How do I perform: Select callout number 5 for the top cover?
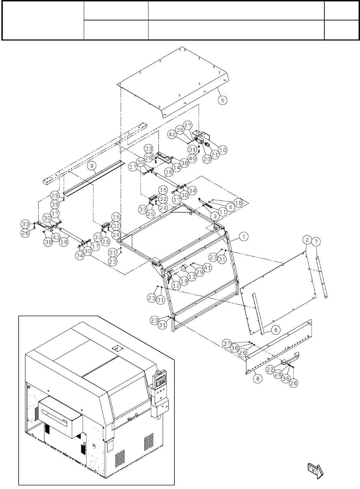point(223,100)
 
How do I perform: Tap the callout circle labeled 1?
point(244,237)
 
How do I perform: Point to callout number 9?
point(92,166)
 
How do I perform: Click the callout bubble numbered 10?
point(223,150)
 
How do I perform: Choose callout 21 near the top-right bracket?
point(215,155)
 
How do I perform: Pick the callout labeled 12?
point(176,286)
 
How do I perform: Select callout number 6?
point(276,330)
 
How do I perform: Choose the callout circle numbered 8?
point(257,379)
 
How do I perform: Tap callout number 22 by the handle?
point(271,370)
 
